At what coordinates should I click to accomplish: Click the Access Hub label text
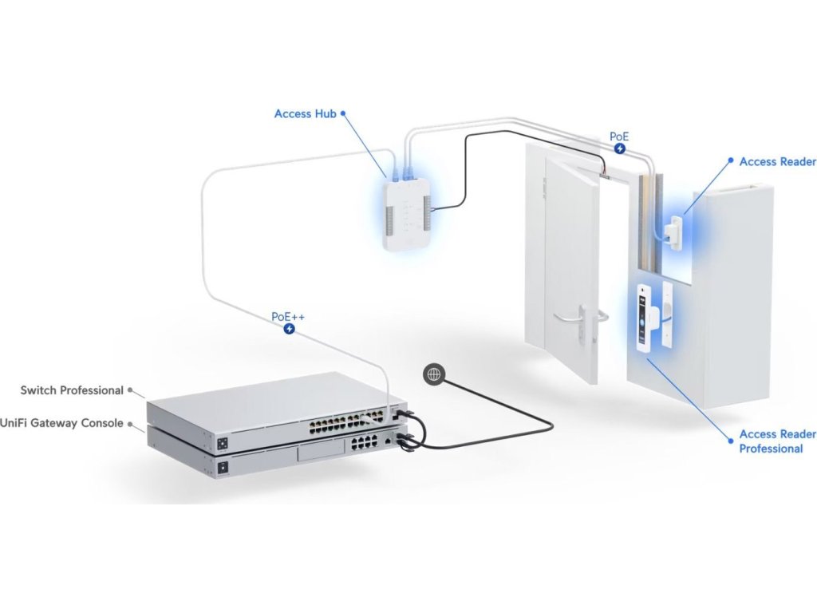point(305,114)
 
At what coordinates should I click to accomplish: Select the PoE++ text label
point(288,317)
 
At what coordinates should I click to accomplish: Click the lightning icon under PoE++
point(290,329)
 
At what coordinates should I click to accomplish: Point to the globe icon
point(433,372)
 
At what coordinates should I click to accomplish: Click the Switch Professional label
point(72,390)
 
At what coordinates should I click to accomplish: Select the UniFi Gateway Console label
point(62,423)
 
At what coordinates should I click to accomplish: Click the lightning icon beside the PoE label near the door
point(620,149)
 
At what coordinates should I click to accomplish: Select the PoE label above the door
point(619,136)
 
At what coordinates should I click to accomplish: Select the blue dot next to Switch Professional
point(129,390)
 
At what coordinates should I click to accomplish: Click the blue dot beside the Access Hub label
point(343,114)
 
